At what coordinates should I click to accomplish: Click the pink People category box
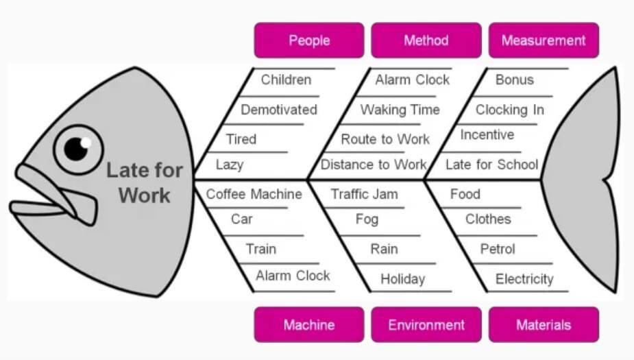[x=309, y=40]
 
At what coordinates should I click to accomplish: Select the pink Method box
[x=426, y=40]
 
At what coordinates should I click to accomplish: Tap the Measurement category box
[x=544, y=40]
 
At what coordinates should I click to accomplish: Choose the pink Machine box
[x=309, y=324]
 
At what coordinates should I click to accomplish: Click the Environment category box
[x=426, y=324]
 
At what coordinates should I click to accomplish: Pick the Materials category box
[x=544, y=324]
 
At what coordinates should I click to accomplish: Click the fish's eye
[x=78, y=148]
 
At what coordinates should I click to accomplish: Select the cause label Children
[x=286, y=80]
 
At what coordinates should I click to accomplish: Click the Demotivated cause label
[x=279, y=110]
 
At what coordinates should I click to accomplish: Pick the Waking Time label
[x=400, y=110]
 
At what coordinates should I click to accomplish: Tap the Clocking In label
[x=510, y=110]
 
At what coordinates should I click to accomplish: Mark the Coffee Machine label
[x=254, y=194]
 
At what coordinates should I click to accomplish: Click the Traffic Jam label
[x=364, y=194]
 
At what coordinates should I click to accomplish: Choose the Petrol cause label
[x=498, y=249]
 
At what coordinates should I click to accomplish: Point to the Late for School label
[x=491, y=165]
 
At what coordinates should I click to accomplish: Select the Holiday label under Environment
[x=403, y=279]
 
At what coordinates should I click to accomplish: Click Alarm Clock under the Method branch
[x=412, y=80]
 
